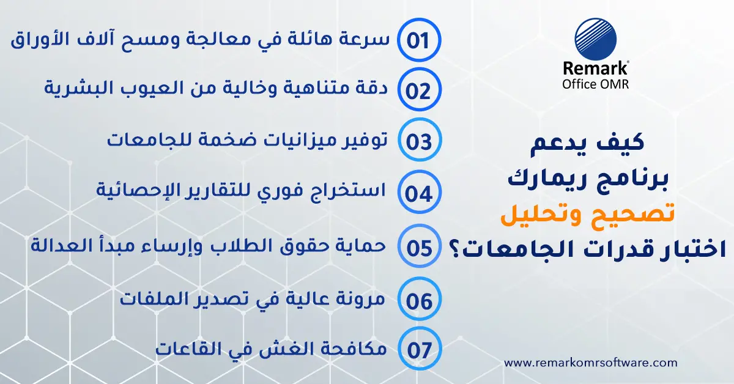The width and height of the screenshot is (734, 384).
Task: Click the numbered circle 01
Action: pos(419,42)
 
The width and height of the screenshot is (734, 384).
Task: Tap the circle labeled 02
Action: pos(419,91)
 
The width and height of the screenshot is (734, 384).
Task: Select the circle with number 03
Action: pos(419,142)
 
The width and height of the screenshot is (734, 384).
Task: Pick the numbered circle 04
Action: pos(419,194)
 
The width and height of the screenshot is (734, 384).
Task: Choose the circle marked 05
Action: pos(419,249)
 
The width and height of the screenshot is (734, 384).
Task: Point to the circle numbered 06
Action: pos(419,301)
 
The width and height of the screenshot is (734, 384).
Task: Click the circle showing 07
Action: pos(419,350)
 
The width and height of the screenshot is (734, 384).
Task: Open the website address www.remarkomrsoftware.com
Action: pos(591,363)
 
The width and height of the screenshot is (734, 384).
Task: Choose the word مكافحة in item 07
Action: pos(355,349)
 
